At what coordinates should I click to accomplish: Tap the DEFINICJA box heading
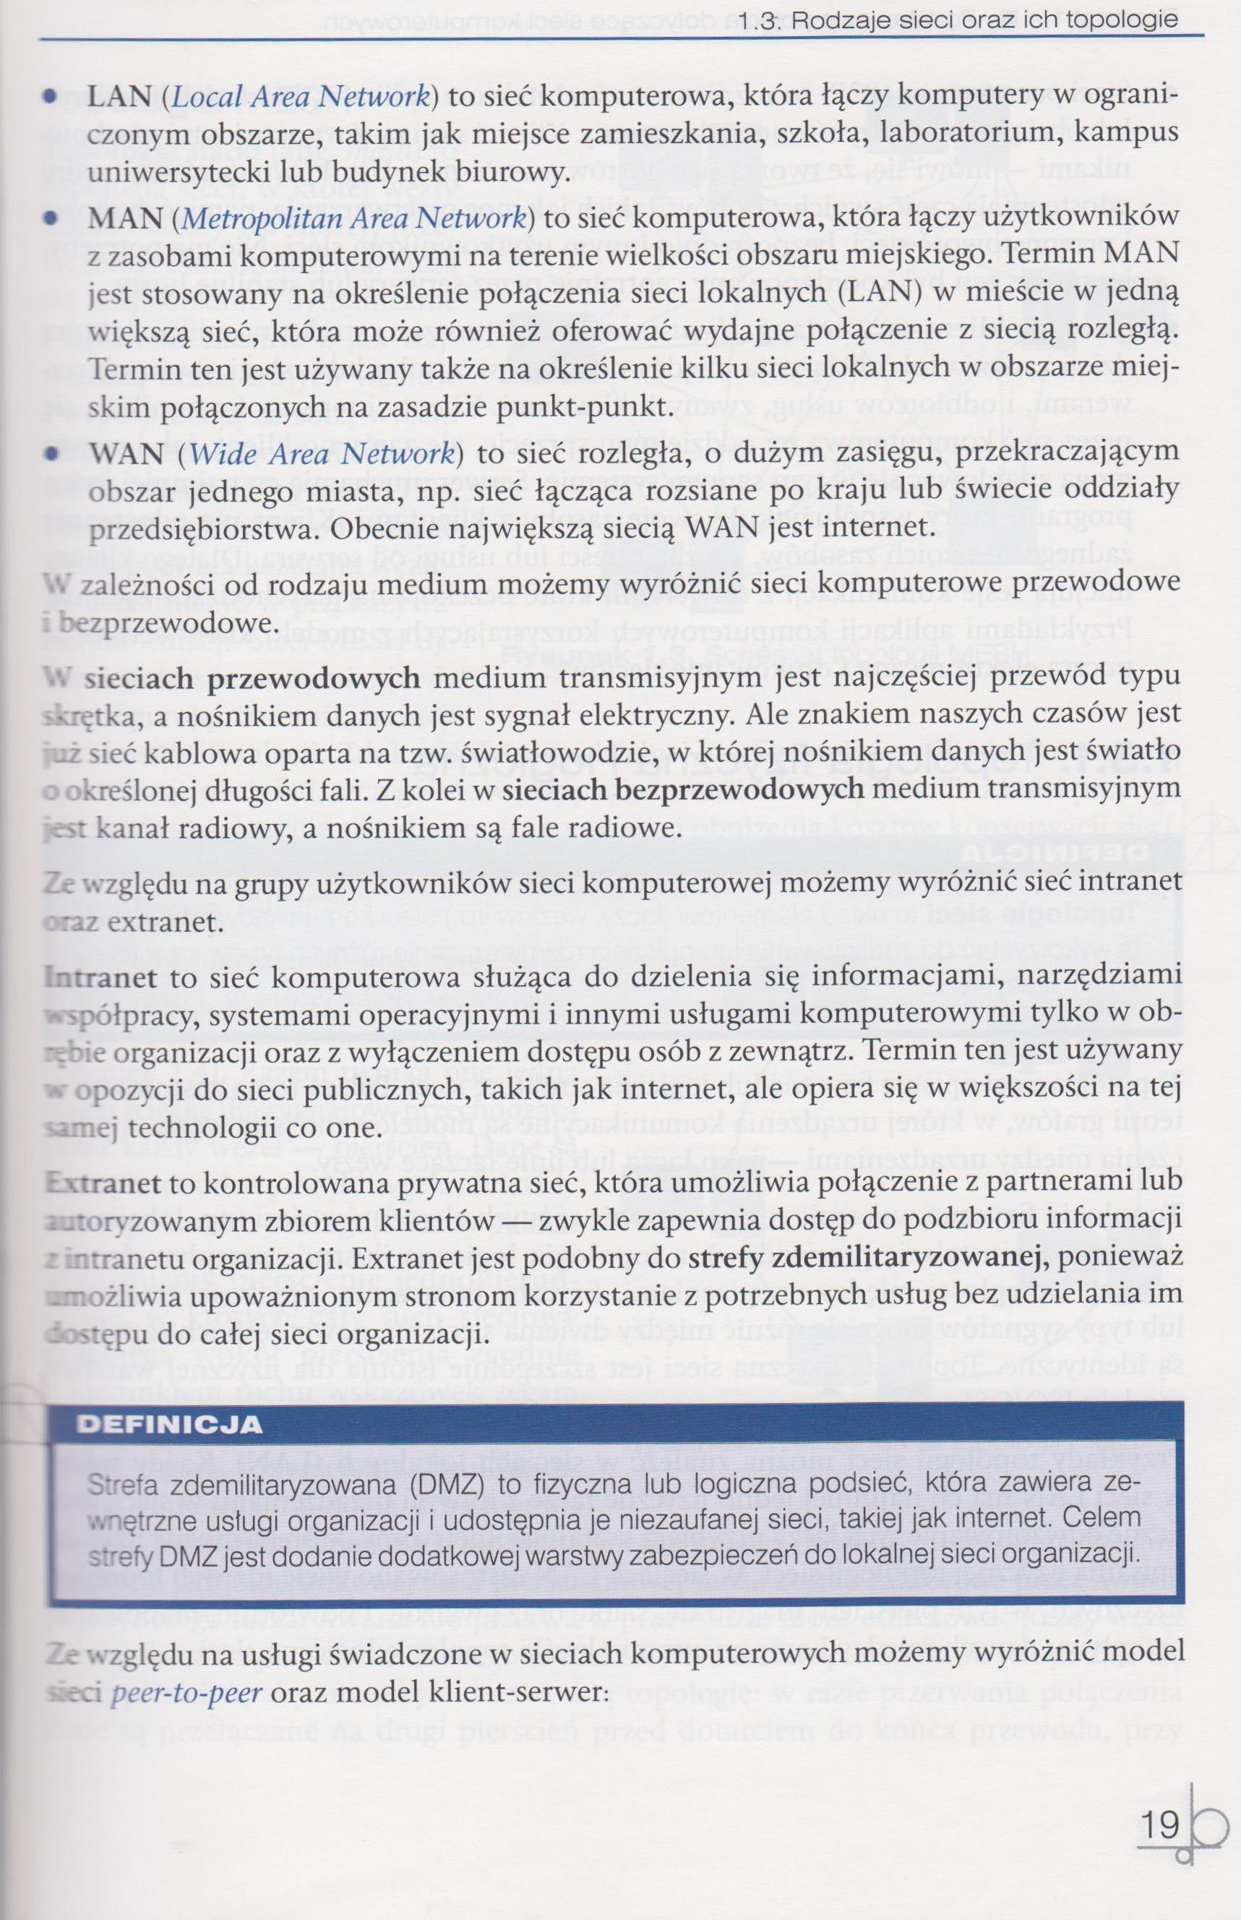[169, 1424]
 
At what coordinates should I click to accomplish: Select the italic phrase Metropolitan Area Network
[353, 219]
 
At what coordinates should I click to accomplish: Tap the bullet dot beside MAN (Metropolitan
[51, 219]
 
